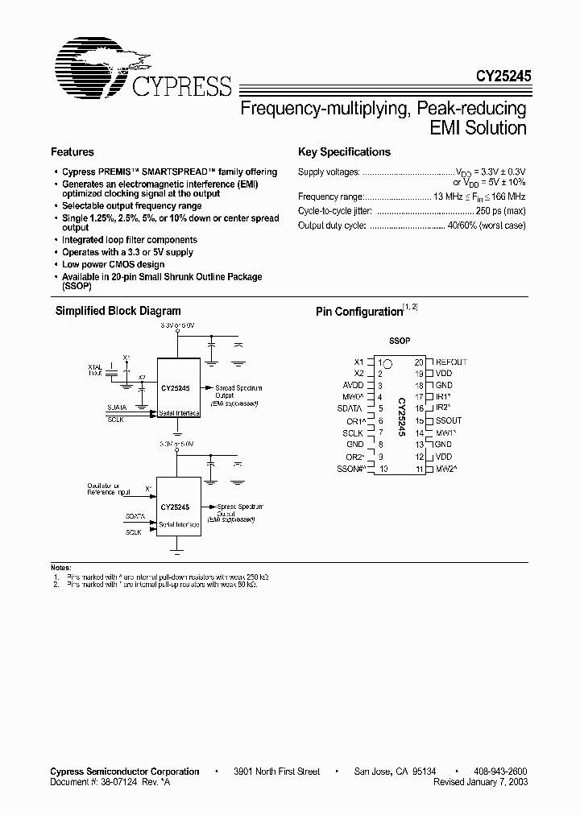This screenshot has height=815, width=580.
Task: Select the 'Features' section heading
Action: (72, 152)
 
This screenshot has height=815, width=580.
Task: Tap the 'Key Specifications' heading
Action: (344, 152)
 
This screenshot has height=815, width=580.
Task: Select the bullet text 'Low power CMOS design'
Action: (113, 264)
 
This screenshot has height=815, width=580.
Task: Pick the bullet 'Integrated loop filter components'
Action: (130, 240)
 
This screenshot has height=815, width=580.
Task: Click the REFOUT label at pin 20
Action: (451, 362)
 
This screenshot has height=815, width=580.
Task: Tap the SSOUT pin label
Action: (449, 420)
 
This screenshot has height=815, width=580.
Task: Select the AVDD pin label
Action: (353, 386)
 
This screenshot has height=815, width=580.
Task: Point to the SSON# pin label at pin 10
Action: (351, 469)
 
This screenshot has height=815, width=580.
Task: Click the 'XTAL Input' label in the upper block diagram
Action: (96, 370)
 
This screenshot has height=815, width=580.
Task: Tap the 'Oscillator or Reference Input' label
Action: (103, 489)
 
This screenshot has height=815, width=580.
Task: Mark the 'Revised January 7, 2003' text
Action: (481, 782)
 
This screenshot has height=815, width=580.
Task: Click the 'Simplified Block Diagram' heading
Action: (118, 311)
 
